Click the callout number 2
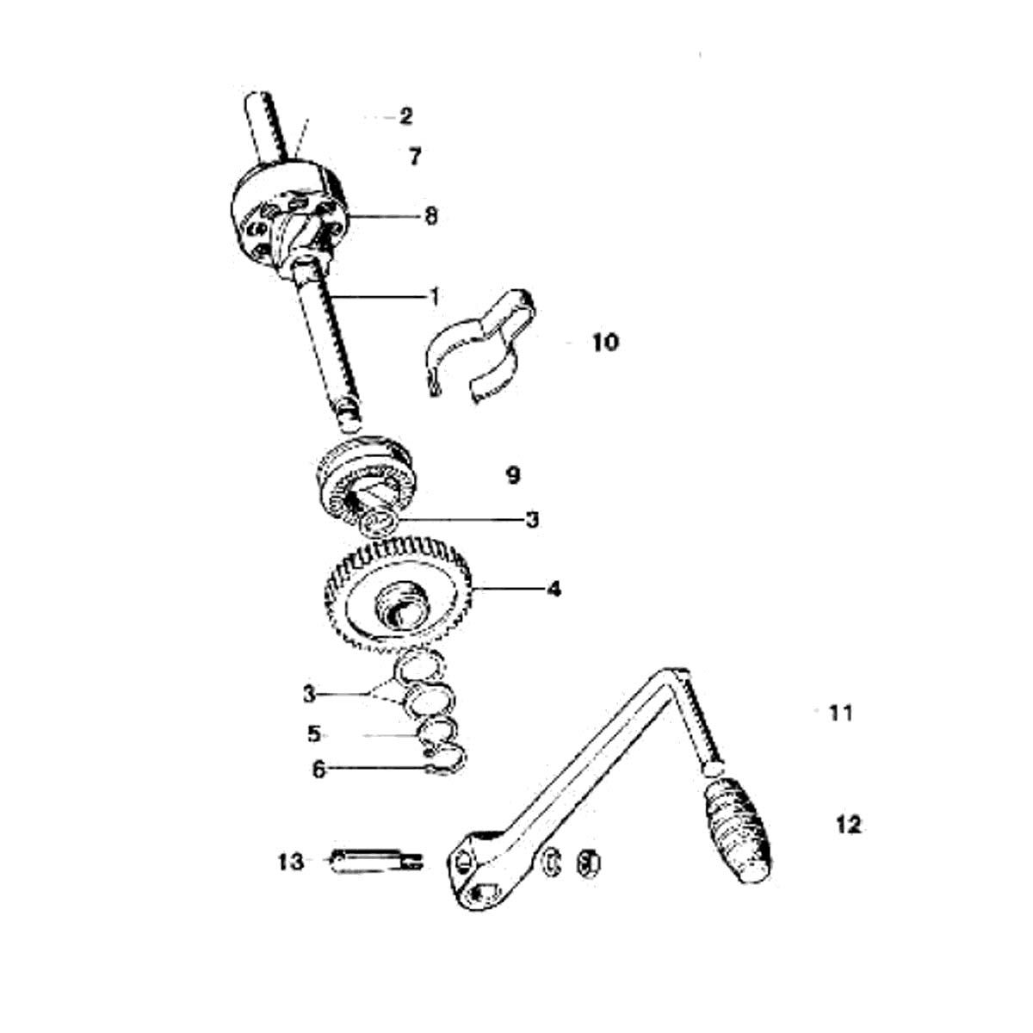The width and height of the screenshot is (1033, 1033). coord(405,116)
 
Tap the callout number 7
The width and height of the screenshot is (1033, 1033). coord(414,157)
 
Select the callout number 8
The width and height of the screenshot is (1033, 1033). coord(430,217)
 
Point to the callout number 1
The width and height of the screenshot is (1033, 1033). coord(435,296)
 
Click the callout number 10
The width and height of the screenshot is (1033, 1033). coord(605,342)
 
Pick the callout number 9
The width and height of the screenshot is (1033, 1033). coord(513,475)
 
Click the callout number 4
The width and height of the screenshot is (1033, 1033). coord(554,589)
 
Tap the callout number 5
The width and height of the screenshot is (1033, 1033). coord(313,734)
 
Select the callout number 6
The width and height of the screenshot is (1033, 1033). coord(319,770)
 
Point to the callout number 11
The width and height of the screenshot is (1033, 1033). coord(840,713)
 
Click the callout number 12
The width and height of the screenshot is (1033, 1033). coord(849,825)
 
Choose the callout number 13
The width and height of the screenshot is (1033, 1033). coord(291,863)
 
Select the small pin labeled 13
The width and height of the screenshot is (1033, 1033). coord(377,862)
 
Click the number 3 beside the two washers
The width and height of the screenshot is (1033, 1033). coord(309,695)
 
